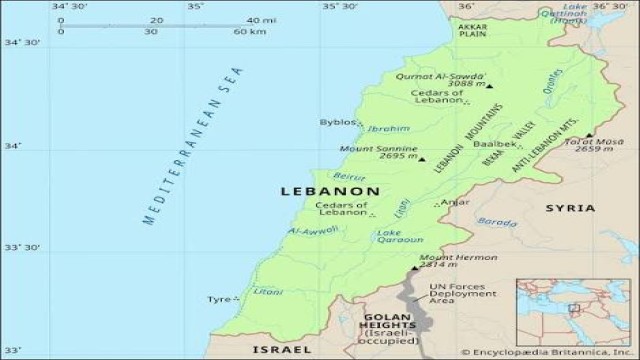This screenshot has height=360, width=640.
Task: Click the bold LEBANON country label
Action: coord(329,190)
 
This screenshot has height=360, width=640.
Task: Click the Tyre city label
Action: coord(218,299)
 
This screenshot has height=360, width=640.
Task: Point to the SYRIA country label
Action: coord(570,208)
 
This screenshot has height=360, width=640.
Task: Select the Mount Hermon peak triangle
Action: coord(414,268)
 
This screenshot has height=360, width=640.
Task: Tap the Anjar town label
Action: coord(454,202)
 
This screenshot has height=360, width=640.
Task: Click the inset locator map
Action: coord(576,309)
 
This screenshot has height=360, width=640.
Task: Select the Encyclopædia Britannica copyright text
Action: coord(547,352)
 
